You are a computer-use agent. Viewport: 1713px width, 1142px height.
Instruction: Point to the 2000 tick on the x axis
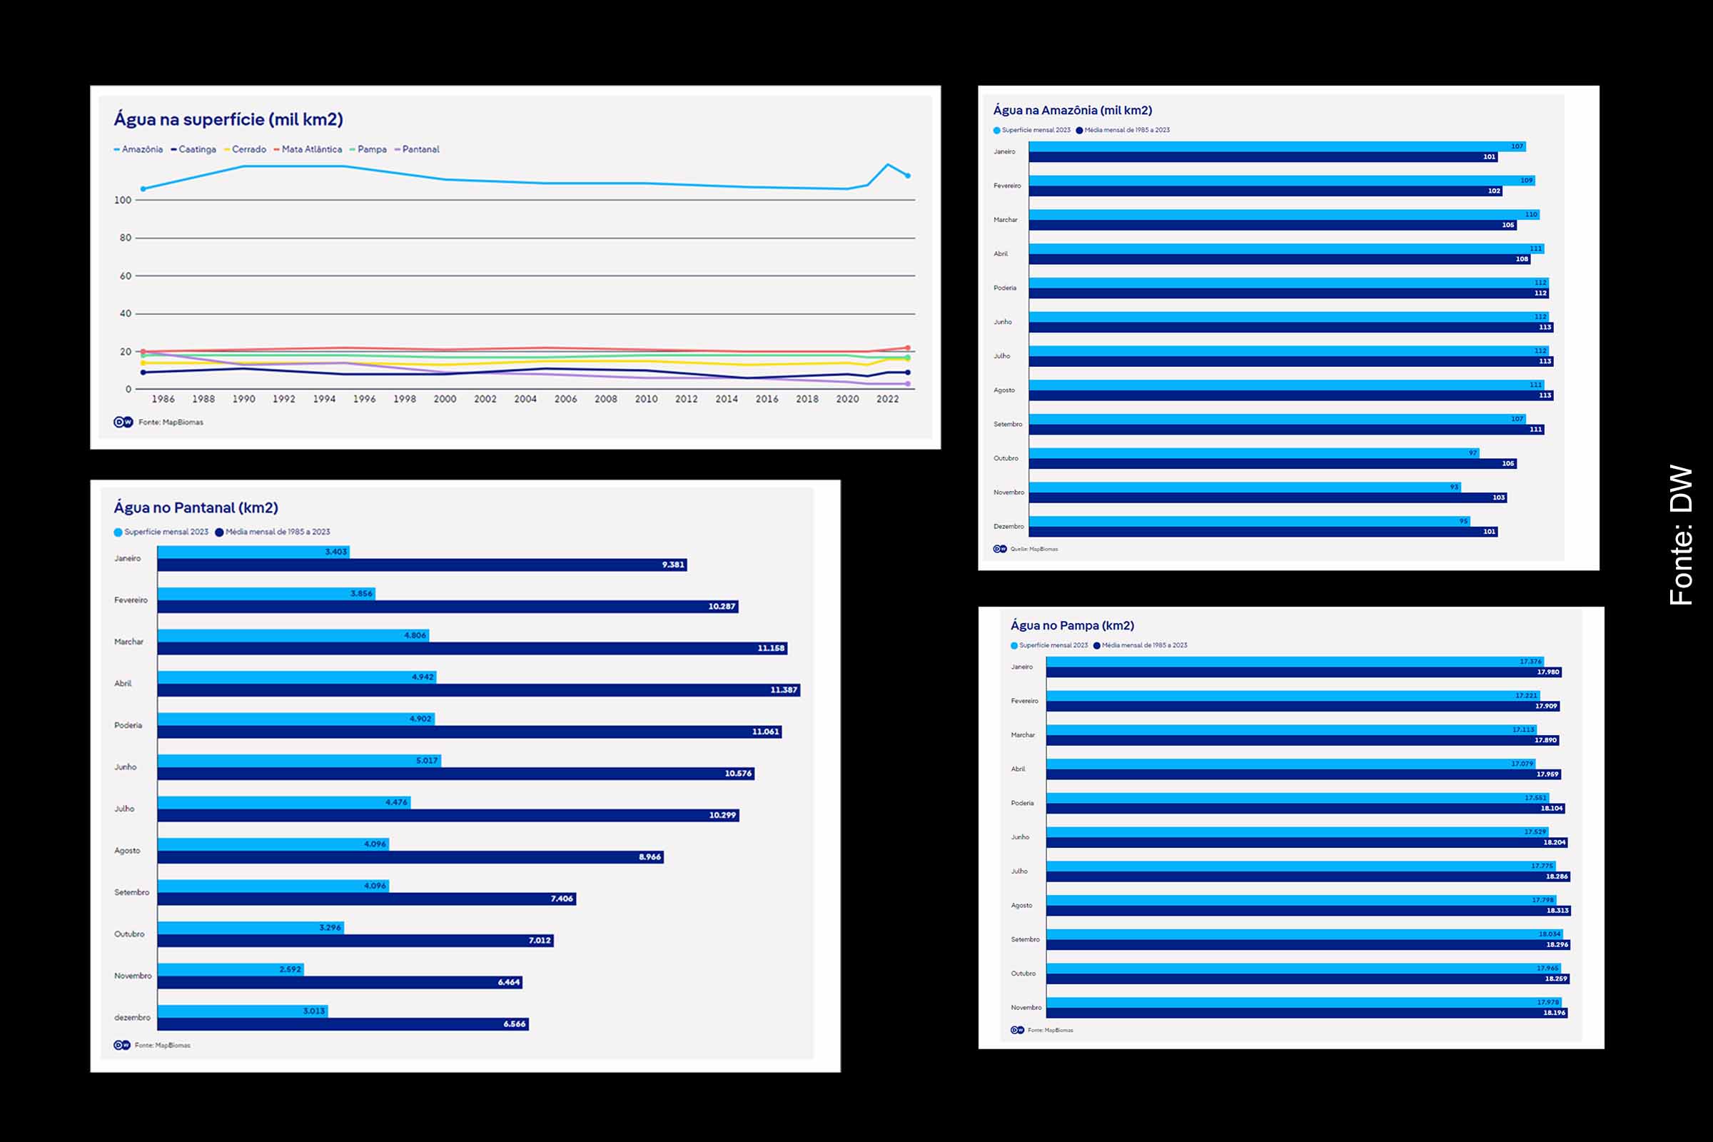click(445, 399)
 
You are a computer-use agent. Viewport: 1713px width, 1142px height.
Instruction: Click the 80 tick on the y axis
click(126, 238)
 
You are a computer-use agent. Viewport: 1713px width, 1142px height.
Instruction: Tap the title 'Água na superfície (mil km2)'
click(228, 119)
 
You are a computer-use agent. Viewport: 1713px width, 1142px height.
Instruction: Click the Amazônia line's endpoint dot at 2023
click(907, 176)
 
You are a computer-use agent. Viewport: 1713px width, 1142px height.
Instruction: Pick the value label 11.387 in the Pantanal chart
click(784, 689)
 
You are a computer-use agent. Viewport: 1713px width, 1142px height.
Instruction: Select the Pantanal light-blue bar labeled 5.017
click(298, 760)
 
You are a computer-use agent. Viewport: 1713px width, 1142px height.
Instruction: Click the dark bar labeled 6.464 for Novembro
click(340, 983)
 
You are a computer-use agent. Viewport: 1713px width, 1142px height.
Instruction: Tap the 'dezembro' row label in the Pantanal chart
click(132, 1018)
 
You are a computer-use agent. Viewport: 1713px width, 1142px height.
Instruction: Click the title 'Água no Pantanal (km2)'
click(196, 507)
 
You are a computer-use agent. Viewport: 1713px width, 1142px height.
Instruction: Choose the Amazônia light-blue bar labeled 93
click(1244, 487)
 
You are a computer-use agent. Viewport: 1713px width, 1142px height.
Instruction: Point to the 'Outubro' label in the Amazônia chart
click(1006, 458)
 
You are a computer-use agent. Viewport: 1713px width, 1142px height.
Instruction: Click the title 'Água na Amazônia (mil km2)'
click(1072, 111)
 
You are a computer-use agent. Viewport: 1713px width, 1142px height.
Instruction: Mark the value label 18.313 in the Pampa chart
click(1557, 911)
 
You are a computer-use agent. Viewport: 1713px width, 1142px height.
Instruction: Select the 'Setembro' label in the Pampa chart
click(1025, 939)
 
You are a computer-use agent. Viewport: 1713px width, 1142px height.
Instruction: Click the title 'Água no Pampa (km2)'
click(1072, 626)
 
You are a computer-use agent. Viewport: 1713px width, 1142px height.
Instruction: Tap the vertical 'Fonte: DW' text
click(1681, 535)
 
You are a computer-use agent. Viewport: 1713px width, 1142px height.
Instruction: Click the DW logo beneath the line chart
click(123, 423)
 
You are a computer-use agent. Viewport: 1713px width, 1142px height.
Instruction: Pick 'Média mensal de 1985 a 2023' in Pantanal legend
click(277, 532)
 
